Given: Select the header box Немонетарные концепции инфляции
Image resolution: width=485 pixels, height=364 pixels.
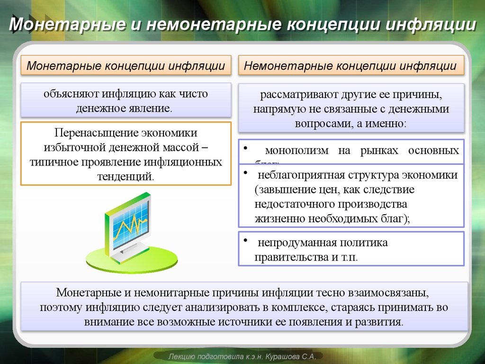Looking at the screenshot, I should tap(350, 66).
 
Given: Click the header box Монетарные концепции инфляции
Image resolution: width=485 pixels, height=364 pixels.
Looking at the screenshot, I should tap(126, 66).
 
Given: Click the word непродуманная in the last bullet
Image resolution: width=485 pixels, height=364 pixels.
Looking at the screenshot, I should tap(295, 243).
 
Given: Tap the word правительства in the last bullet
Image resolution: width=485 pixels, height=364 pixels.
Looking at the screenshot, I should tap(289, 258).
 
